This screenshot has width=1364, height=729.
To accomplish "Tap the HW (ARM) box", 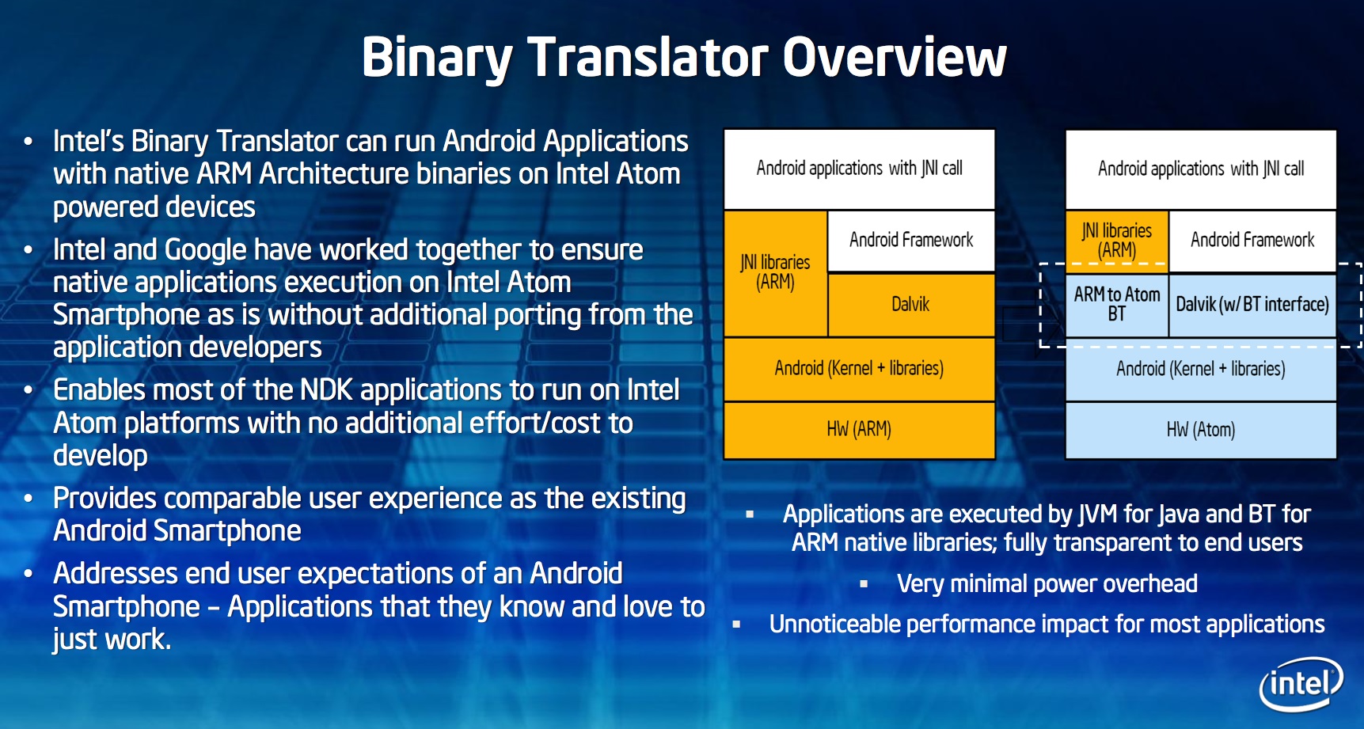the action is (x=859, y=430).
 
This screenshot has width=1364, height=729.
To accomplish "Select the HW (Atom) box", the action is (x=1201, y=430).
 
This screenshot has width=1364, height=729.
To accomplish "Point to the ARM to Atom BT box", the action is (x=1117, y=305).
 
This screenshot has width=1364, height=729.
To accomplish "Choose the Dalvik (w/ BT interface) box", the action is (x=1252, y=305).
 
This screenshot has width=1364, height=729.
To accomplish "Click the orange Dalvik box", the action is (x=911, y=305).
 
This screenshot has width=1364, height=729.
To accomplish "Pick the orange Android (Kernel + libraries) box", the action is (x=859, y=369).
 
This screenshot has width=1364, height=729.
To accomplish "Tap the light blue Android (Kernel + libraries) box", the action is (x=1201, y=369).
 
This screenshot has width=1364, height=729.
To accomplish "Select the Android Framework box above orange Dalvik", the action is (x=911, y=241).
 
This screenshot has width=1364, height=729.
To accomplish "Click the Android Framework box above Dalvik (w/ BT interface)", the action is (x=1252, y=241).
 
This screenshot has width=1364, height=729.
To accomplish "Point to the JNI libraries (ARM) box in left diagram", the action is (x=776, y=273).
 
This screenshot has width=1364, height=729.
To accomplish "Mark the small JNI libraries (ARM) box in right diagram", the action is (x=1117, y=241).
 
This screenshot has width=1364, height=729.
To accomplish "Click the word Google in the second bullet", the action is (x=206, y=251).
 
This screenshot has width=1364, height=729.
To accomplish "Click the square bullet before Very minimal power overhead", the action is (x=864, y=584).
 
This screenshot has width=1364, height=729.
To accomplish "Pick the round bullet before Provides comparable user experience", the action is (x=28, y=499).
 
